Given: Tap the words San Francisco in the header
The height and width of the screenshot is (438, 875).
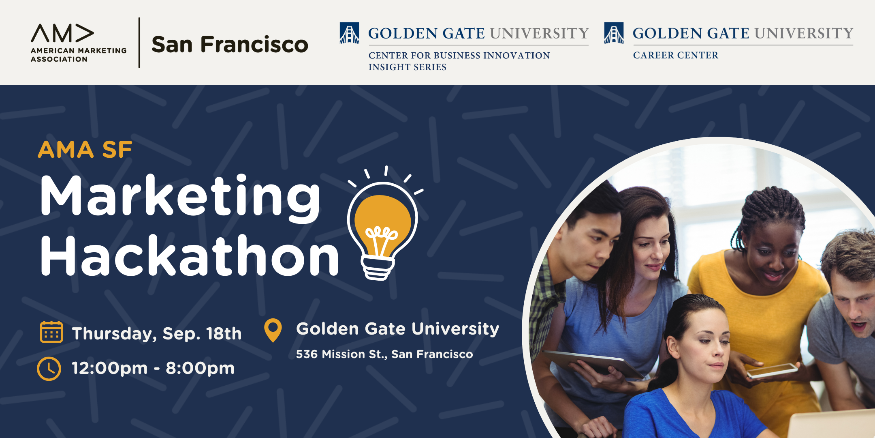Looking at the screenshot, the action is pyautogui.click(x=230, y=44).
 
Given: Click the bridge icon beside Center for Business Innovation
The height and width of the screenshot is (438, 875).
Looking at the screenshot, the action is pyautogui.click(x=349, y=33).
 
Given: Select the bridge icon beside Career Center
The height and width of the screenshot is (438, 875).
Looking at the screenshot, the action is pyautogui.click(x=614, y=33).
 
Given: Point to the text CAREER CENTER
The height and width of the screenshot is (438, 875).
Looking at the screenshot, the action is pyautogui.click(x=676, y=55).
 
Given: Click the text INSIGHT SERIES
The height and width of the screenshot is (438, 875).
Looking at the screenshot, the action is pyautogui.click(x=408, y=67).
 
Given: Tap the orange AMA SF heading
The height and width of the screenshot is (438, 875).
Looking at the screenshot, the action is pyautogui.click(x=85, y=150).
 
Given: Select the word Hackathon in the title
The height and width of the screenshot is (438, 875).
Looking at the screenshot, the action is pyautogui.click(x=190, y=255).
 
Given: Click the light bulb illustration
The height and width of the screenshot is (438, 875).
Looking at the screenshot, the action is pyautogui.click(x=383, y=227).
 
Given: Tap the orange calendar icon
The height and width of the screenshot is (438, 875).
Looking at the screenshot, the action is pyautogui.click(x=51, y=332).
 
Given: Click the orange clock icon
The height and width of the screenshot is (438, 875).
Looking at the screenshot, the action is pyautogui.click(x=49, y=369).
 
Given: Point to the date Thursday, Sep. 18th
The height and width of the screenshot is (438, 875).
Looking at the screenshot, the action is pyautogui.click(x=157, y=334).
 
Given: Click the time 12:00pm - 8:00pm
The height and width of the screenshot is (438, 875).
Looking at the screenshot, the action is pyautogui.click(x=153, y=368).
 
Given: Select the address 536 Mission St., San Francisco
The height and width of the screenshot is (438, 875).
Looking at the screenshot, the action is pyautogui.click(x=384, y=354).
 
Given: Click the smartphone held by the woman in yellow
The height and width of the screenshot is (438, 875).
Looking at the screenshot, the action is pyautogui.click(x=772, y=371).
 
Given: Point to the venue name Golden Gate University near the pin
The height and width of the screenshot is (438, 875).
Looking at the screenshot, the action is pyautogui.click(x=398, y=329).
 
